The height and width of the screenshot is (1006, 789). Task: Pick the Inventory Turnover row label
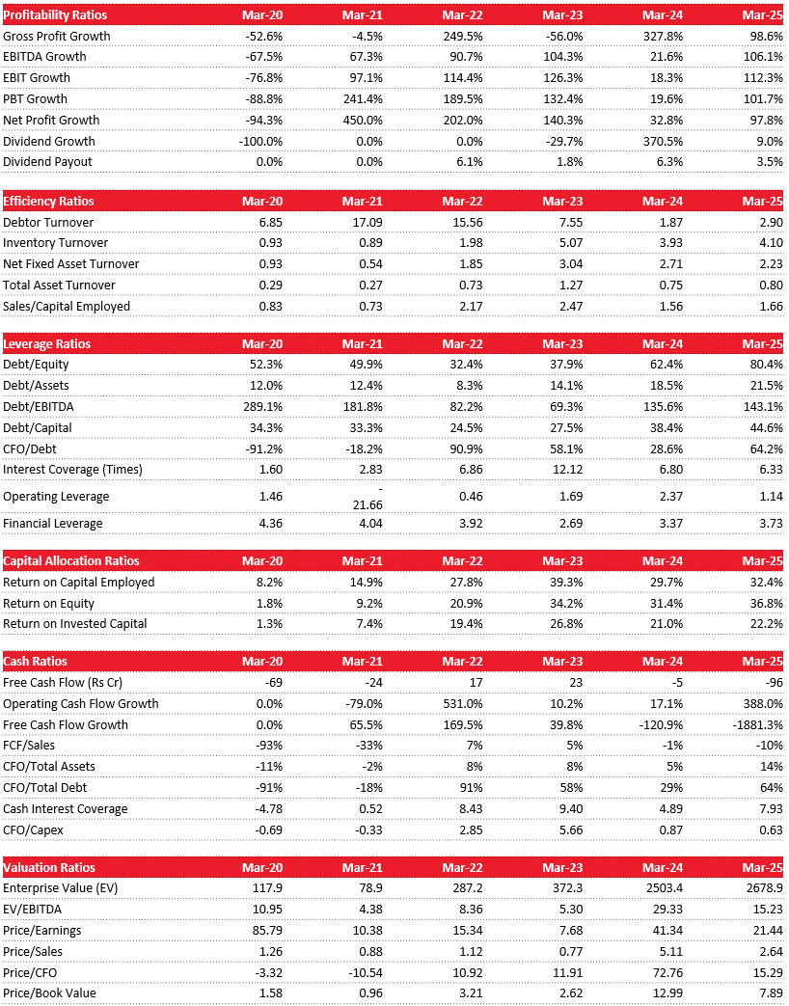[x=56, y=243]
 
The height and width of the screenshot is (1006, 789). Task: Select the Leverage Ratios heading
[x=47, y=344]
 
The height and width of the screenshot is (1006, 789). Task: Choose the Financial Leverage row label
[x=52, y=524]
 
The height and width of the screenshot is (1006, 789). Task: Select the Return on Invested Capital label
[x=75, y=624]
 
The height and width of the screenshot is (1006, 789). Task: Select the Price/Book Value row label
[x=49, y=993]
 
